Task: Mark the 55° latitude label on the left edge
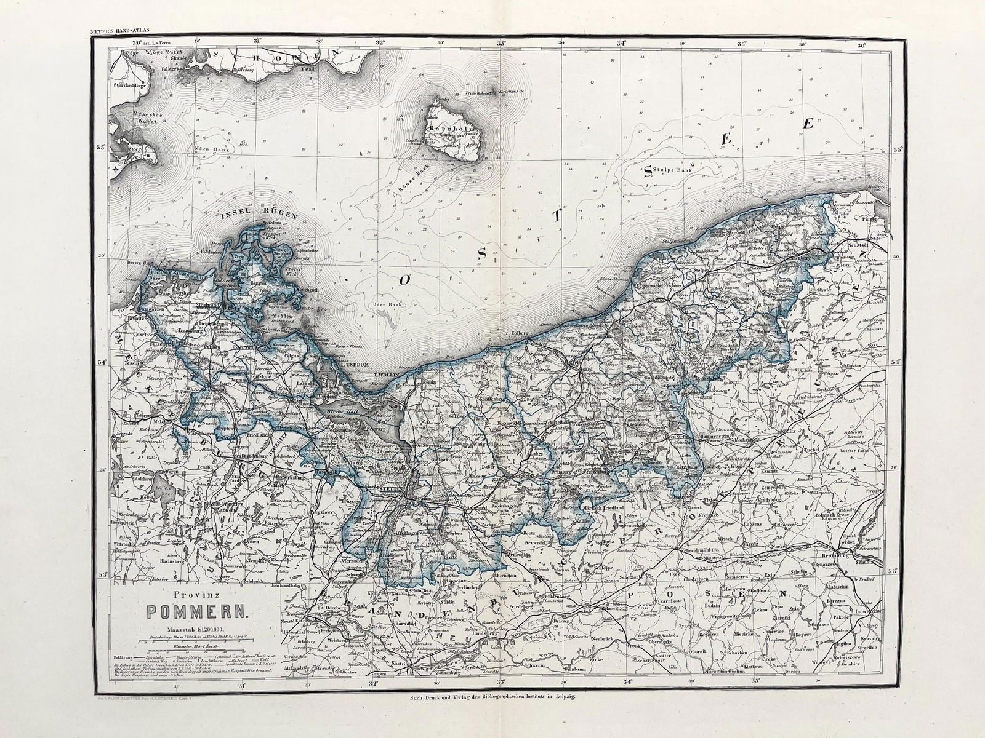pyautogui.click(x=102, y=148)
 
